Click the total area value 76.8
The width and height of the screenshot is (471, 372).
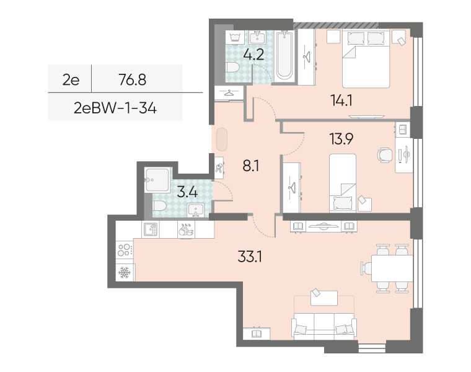132,79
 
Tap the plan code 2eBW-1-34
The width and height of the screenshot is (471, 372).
115,108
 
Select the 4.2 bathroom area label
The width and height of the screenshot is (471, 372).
253,55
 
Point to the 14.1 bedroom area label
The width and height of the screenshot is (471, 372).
341,100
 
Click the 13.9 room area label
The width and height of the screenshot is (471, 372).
341,139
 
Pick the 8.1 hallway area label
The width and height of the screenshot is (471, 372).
251,166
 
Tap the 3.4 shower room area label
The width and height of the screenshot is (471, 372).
187,192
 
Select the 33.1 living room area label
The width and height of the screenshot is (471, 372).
250,257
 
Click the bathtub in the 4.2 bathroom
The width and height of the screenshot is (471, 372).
284,55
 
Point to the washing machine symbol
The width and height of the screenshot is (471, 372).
235,38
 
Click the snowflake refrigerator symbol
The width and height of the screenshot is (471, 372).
124,272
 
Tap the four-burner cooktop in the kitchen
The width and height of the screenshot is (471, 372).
125,250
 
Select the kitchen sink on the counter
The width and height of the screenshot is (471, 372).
151,229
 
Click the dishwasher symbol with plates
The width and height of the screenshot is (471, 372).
186,230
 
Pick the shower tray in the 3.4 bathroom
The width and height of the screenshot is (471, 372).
157,180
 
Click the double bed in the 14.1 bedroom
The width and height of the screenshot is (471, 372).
366,59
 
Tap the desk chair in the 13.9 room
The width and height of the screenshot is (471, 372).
385,155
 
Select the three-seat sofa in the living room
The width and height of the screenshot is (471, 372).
324,326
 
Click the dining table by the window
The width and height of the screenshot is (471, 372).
392,268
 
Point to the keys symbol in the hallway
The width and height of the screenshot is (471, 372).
219,167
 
